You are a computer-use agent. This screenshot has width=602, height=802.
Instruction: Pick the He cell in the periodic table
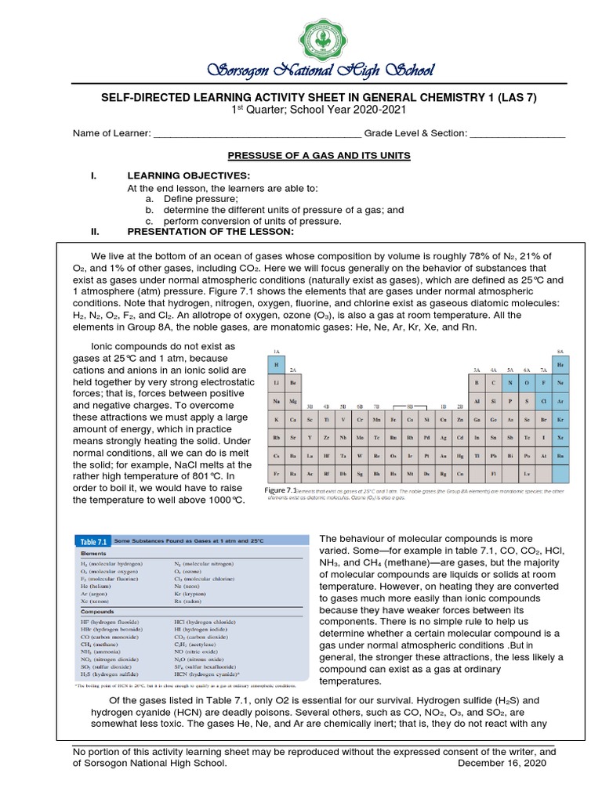pyautogui.click(x=560, y=364)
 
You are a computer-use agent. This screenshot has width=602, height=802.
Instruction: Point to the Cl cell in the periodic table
pyautogui.click(x=542, y=400)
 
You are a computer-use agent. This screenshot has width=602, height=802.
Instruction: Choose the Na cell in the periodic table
pyautogui.click(x=276, y=400)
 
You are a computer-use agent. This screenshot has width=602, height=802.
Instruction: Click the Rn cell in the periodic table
pyautogui.click(x=560, y=454)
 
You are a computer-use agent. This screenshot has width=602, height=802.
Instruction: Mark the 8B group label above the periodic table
pyautogui.click(x=409, y=407)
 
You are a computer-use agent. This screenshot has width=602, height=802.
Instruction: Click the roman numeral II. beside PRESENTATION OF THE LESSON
pyautogui.click(x=96, y=232)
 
